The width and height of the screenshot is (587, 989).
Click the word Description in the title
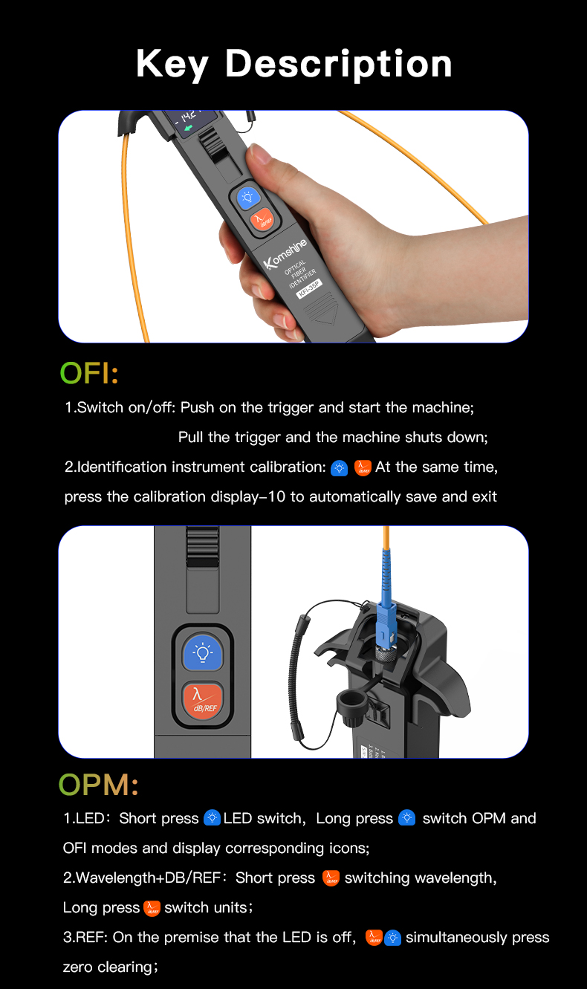[x=339, y=65]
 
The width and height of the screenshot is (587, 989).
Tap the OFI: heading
[x=89, y=373]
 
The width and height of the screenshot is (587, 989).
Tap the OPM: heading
[x=98, y=785]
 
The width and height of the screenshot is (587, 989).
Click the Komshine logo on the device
[x=285, y=253]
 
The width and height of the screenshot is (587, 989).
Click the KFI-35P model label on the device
[x=309, y=289]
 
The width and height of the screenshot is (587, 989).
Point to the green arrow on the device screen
[x=189, y=128]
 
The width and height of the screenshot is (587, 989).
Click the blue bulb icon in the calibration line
[x=339, y=468]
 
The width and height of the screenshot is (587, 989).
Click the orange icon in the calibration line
[x=363, y=467]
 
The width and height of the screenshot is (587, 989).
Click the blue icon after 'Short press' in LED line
[x=213, y=817]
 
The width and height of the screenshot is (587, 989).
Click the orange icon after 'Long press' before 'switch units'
[x=152, y=908]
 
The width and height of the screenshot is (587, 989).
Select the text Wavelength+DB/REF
[x=148, y=878]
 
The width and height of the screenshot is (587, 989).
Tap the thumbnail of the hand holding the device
[x=293, y=227]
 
